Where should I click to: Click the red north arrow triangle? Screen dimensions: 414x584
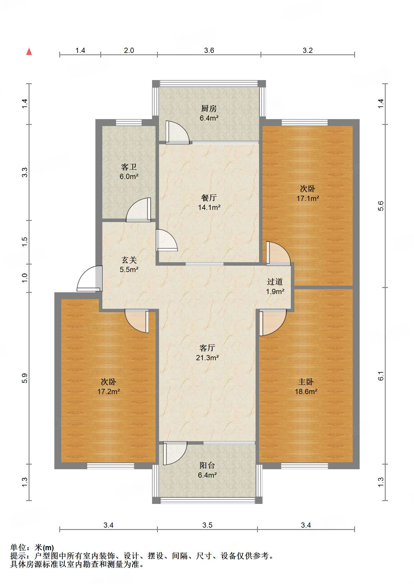pyautogui.click(x=29, y=51)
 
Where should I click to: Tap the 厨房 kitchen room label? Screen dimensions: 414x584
pyautogui.click(x=209, y=108)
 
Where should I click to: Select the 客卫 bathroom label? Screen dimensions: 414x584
pyautogui.click(x=129, y=167)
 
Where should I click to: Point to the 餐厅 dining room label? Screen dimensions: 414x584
pyautogui.click(x=209, y=198)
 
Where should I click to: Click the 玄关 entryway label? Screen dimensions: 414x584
pyautogui.click(x=129, y=260)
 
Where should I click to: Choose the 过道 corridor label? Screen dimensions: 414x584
pyautogui.click(x=275, y=282)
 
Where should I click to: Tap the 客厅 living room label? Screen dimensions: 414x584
pyautogui.click(x=207, y=348)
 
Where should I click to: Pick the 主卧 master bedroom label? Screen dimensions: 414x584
pyautogui.click(x=306, y=382)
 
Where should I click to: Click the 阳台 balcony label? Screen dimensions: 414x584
pyautogui.click(x=207, y=465)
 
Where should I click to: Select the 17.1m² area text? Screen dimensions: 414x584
pyautogui.click(x=308, y=198)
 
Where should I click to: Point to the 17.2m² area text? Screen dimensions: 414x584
pyautogui.click(x=109, y=391)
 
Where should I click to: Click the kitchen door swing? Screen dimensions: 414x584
pyautogui.click(x=177, y=132)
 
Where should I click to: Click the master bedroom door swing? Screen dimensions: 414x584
pyautogui.click(x=273, y=322)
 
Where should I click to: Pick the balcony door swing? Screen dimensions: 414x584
pyautogui.click(x=175, y=453)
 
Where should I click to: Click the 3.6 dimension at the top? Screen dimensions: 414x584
pyautogui.click(x=209, y=50)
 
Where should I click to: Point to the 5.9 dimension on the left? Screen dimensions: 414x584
pyautogui.click(x=25, y=378)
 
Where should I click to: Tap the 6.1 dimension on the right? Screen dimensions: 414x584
pyautogui.click(x=381, y=376)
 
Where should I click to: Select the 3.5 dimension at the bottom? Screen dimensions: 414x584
pyautogui.click(x=207, y=525)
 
